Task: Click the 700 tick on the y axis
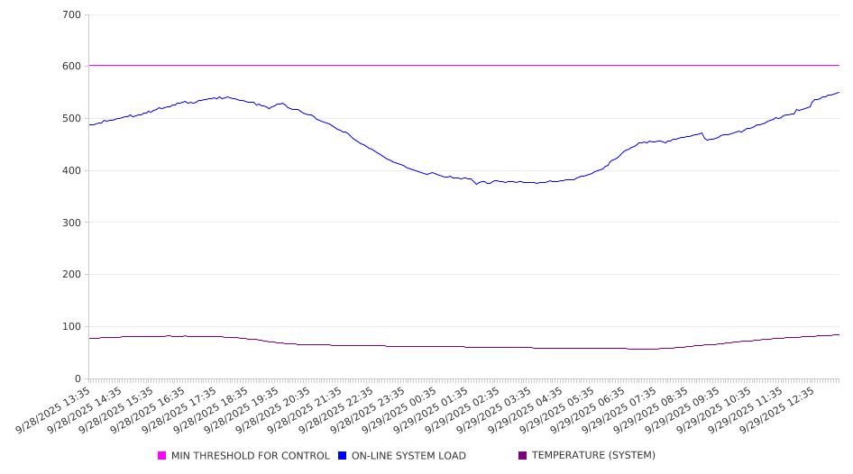72,15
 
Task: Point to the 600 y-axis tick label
72,67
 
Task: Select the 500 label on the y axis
72,119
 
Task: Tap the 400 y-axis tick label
72,171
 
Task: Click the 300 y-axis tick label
72,223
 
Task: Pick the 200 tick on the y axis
72,275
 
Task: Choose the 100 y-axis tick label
72,327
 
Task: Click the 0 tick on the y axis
78,379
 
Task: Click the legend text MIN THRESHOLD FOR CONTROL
250,456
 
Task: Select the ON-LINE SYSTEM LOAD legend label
408,456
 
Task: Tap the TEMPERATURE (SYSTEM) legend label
593,456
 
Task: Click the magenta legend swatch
162,456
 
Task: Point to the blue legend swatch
343,456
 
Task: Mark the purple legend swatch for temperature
523,456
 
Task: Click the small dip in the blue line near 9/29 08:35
706,140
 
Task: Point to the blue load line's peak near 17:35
220,96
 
